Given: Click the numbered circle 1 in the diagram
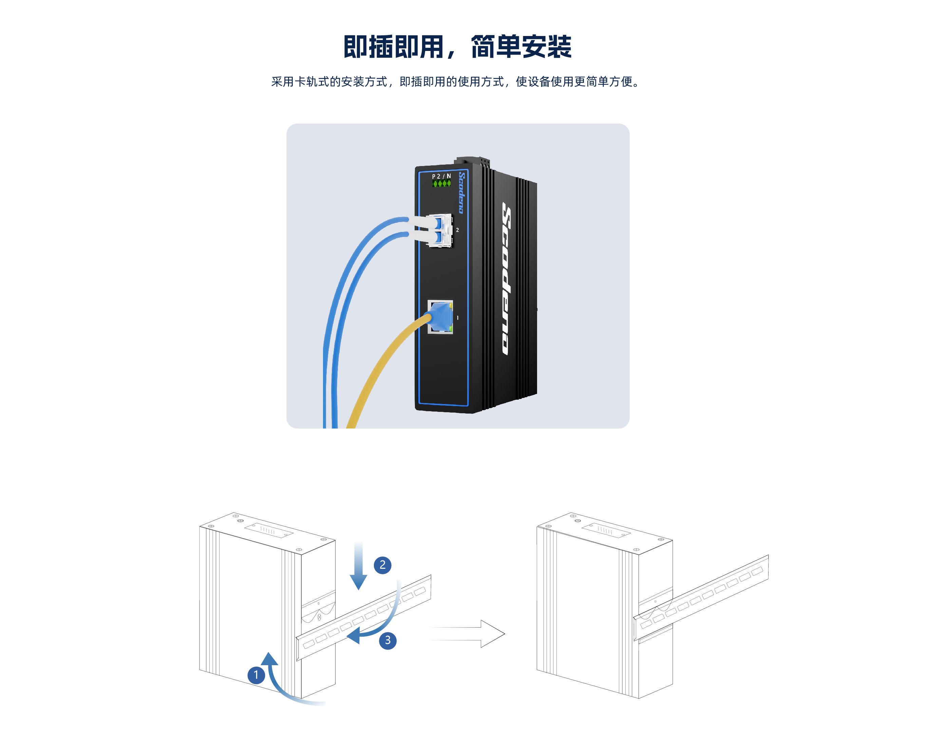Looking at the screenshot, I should pyautogui.click(x=256, y=675).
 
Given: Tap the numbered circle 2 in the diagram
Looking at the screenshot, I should pyautogui.click(x=382, y=565).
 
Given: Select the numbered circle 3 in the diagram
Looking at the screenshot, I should pyautogui.click(x=387, y=640).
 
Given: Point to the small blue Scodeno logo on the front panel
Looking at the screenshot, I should pyautogui.click(x=461, y=193).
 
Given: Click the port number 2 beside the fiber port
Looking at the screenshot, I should pyautogui.click(x=457, y=230).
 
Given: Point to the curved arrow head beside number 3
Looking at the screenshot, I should pyautogui.click(x=354, y=636).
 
